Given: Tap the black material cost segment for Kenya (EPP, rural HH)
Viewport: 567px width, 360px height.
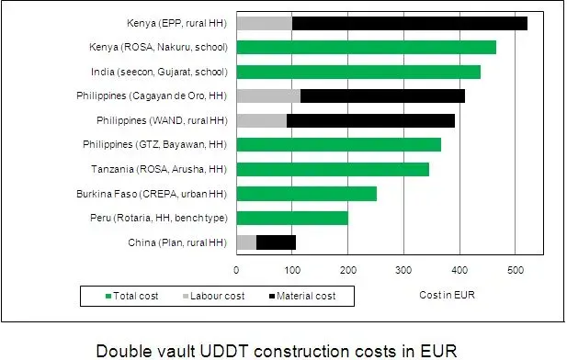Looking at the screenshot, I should point(410,23).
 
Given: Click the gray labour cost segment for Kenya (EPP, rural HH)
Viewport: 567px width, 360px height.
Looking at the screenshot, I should point(265,23).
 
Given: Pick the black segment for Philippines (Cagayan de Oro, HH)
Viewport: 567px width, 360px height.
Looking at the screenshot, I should point(382,96).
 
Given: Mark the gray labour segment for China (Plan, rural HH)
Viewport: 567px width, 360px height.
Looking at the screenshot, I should point(246,242).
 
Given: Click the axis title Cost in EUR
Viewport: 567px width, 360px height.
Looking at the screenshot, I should point(445,295).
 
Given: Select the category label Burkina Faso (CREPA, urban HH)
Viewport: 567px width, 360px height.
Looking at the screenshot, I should point(153,194).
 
